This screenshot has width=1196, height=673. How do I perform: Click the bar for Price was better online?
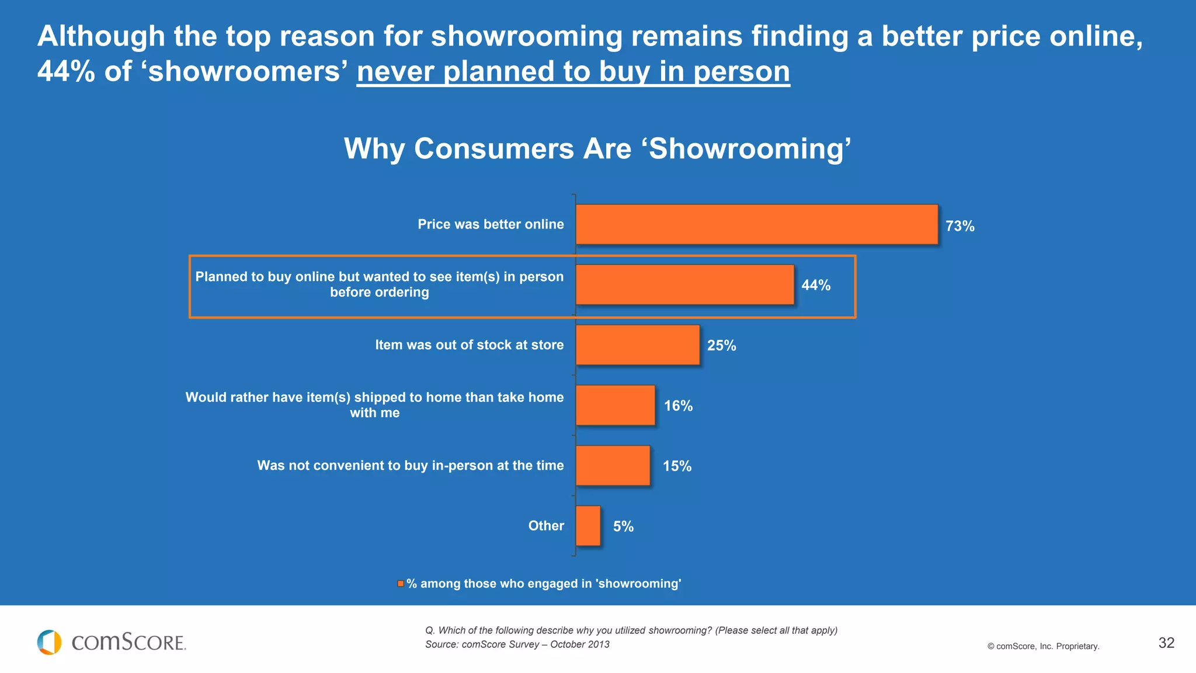coord(757,224)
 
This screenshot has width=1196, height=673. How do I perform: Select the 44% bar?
coord(684,285)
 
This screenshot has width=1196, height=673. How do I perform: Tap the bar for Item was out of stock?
coord(638,345)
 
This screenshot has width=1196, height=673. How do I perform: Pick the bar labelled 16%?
coord(616,405)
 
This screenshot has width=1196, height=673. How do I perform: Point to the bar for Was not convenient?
coord(613,466)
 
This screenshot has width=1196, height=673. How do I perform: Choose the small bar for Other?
coord(588,526)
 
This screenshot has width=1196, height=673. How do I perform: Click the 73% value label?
coord(959,226)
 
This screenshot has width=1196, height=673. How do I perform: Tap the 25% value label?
coord(721,345)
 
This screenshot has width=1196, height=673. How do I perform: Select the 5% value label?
coord(623,526)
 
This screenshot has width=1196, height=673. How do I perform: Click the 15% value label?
coord(677,466)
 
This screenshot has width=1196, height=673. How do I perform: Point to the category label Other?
coord(546,526)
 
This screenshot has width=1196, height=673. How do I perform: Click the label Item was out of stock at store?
coord(469,345)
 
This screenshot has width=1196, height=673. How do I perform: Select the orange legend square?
coord(401,584)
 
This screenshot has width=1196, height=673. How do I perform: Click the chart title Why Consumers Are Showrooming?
coord(597,148)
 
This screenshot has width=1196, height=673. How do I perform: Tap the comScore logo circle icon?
coord(49,642)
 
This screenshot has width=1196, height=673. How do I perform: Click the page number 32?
coord(1166,643)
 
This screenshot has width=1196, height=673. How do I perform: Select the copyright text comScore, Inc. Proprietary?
coord(1043,646)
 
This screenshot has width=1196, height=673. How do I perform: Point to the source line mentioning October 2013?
coord(517,644)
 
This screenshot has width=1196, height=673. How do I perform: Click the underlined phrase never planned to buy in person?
coord(573,72)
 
